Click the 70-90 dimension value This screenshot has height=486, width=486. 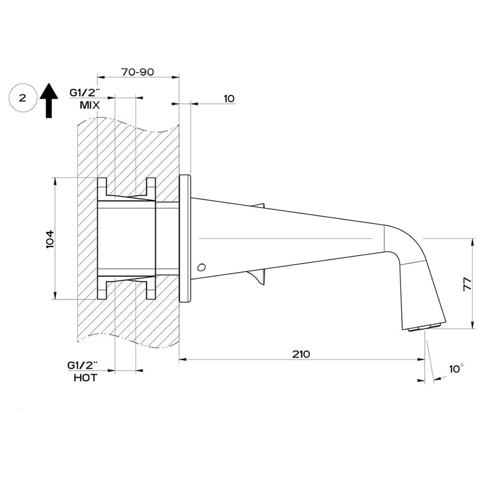coord(138,73)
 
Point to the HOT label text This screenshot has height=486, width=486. coord(85,378)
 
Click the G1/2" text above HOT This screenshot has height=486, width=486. coord(83,365)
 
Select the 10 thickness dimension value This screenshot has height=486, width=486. coord(229,98)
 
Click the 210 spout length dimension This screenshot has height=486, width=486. coord(301,354)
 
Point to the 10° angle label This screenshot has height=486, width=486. coord(456,369)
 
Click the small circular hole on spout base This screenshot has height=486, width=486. coord(201,267)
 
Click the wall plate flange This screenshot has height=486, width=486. coord(185,238)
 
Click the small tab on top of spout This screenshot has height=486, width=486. coord(261,205)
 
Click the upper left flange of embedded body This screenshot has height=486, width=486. coord(102,186)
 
